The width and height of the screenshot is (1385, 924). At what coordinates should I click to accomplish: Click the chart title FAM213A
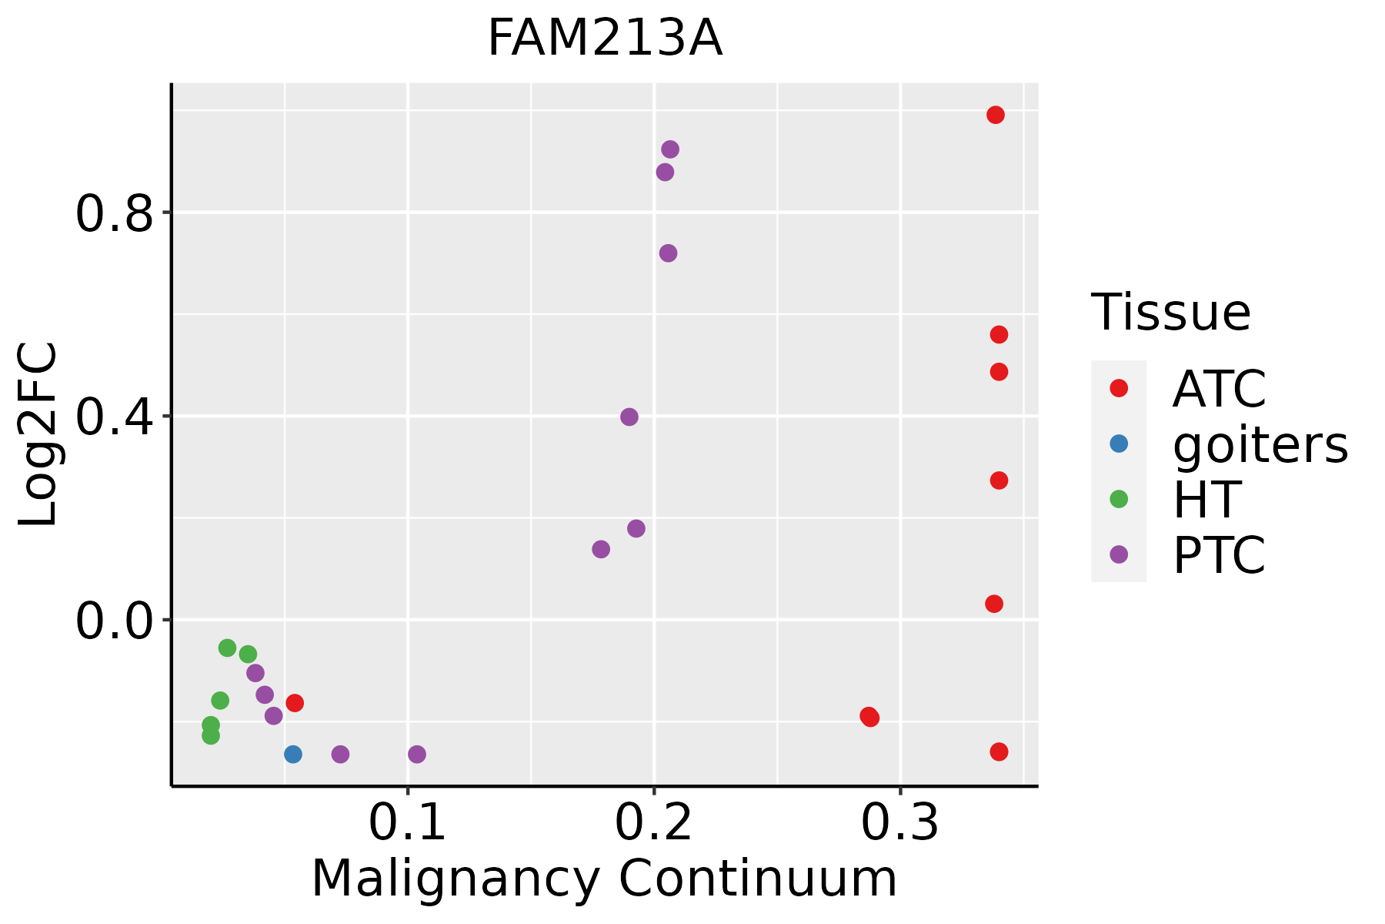[605, 38]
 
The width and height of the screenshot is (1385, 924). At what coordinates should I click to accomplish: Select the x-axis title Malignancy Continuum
[604, 879]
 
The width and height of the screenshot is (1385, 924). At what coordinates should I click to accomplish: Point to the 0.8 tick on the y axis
[115, 213]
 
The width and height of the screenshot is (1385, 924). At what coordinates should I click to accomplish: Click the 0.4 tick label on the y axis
[115, 417]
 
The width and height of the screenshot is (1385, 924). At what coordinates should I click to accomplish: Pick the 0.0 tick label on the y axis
[115, 620]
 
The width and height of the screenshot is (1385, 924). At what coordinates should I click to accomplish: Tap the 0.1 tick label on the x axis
[408, 823]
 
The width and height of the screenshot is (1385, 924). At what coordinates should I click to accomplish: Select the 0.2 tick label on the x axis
[654, 823]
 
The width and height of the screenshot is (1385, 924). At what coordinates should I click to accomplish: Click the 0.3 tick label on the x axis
[900, 823]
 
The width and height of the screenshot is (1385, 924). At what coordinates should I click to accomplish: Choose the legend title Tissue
[1171, 313]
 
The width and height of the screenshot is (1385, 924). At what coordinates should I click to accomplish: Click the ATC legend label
[1219, 389]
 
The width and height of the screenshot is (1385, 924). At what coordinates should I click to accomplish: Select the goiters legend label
[1260, 444]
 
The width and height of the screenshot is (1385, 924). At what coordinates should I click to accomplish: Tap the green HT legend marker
[1119, 499]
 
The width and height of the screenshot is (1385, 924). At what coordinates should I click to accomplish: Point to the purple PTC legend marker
[1119, 554]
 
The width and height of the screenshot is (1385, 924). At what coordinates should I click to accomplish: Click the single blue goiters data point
[293, 754]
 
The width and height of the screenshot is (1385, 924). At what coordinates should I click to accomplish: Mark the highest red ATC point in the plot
[996, 115]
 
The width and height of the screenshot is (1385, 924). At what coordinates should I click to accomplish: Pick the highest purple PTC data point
[670, 149]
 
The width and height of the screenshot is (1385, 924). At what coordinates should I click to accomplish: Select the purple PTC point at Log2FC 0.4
[629, 417]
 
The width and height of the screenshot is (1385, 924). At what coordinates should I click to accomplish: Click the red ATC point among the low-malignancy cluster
[295, 703]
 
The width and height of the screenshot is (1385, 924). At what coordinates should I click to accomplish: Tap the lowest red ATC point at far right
[1000, 752]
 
